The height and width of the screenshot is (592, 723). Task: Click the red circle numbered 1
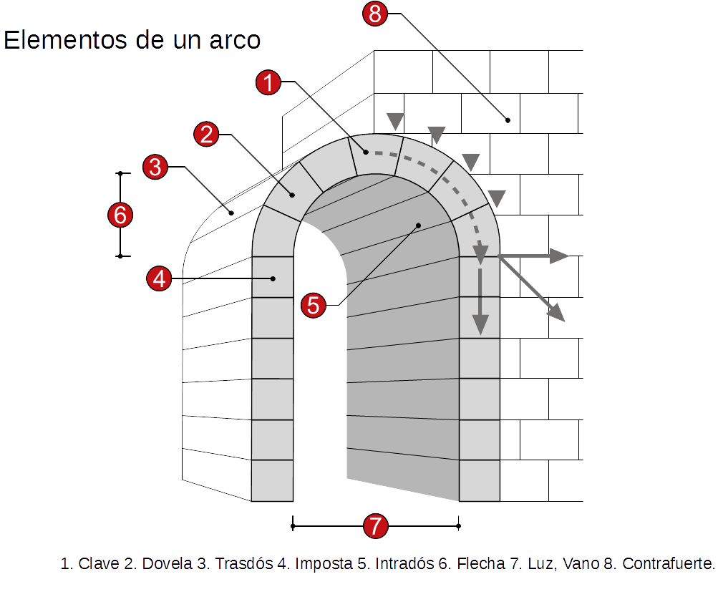coord(268,83)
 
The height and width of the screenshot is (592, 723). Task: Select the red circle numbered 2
coord(206,134)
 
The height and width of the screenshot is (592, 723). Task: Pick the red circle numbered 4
coord(159,278)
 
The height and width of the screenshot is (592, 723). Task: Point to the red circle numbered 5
coord(314,305)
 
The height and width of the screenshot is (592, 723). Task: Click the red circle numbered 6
coord(120,215)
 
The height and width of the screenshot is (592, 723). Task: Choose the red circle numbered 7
coord(375,526)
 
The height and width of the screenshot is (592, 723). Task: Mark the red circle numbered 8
coord(374,14)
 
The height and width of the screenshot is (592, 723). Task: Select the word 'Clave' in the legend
coord(98,564)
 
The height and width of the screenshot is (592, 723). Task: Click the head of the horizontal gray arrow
coord(561,256)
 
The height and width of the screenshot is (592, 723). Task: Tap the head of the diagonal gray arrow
coord(557,313)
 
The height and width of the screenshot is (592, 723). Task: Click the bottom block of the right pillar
coord(480,480)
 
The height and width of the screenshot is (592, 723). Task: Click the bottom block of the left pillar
coord(272,480)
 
